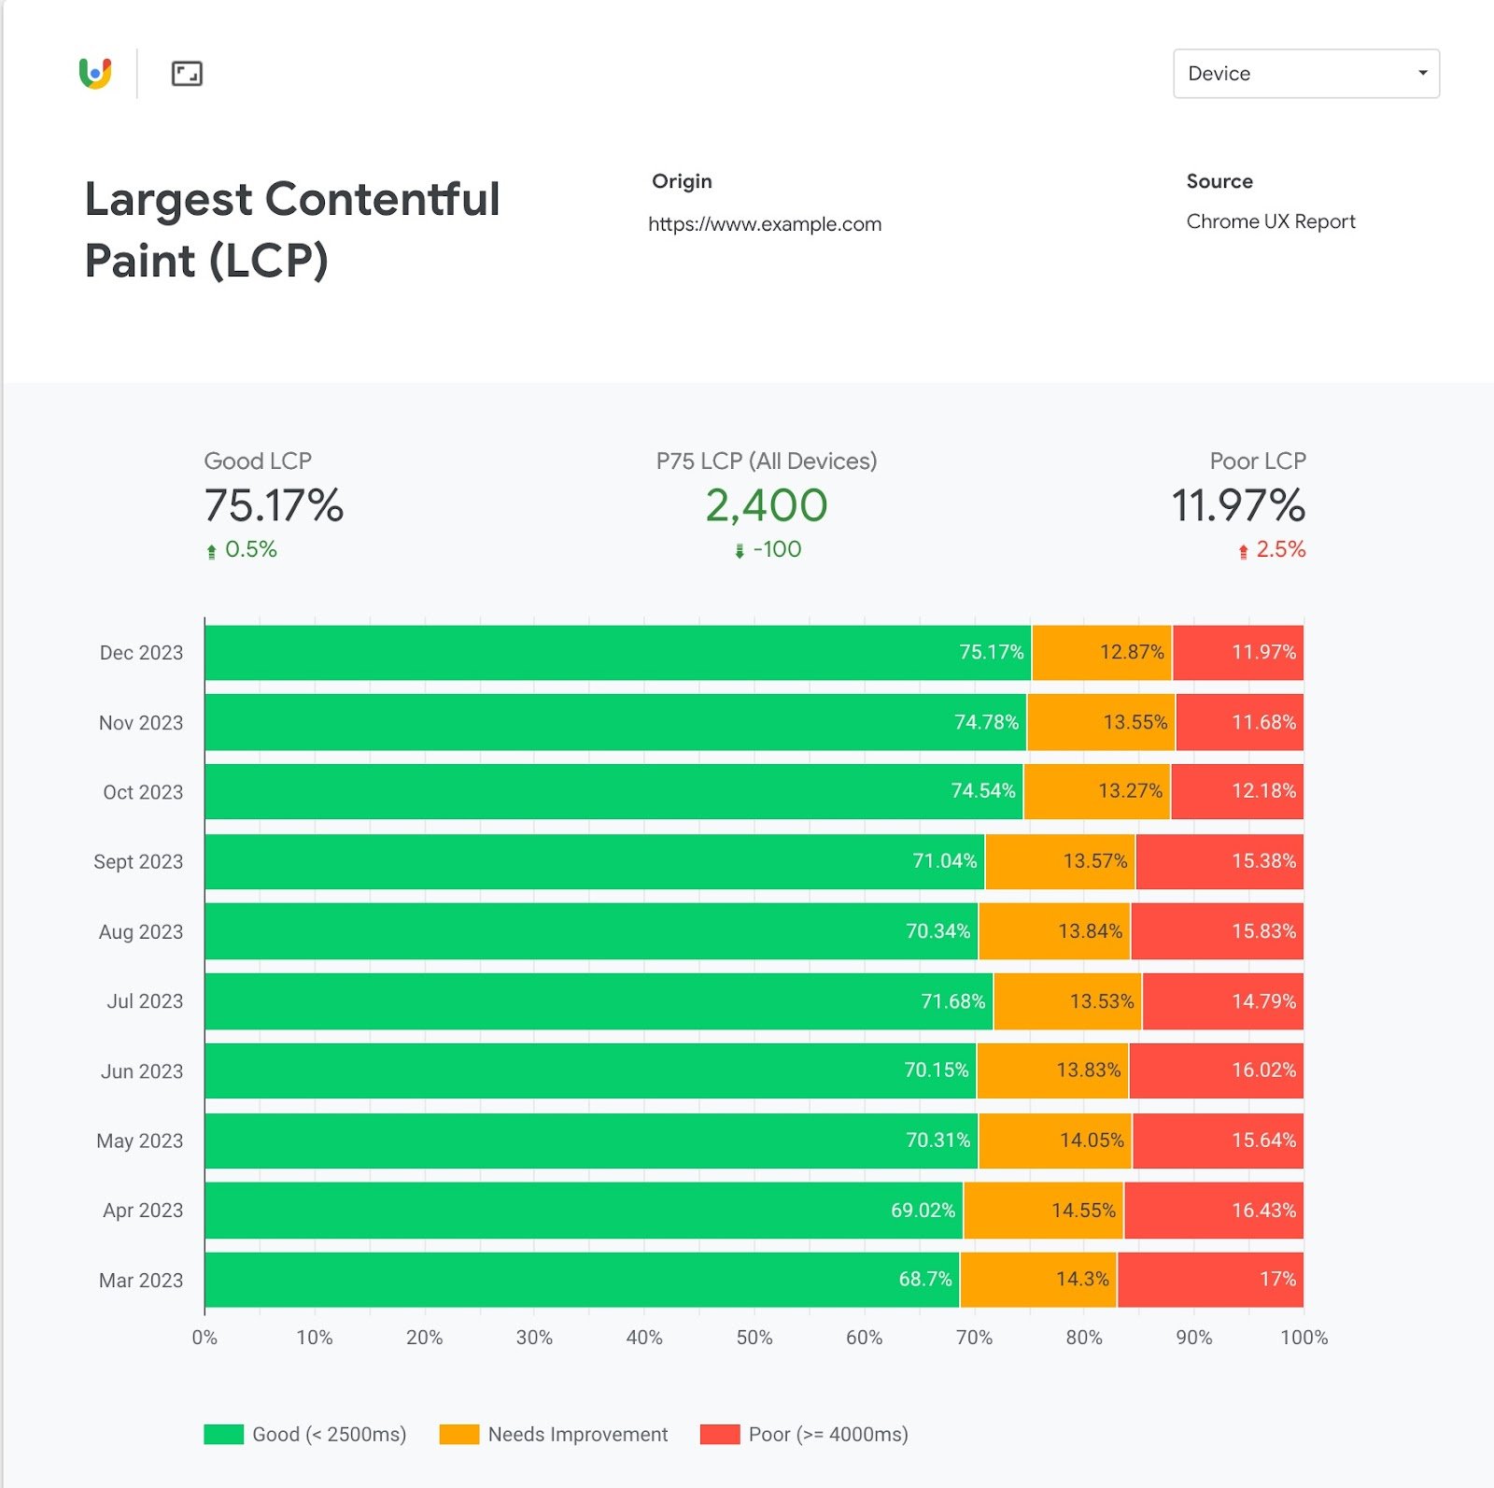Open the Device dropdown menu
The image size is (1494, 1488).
1305,74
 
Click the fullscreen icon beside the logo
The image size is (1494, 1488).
187,74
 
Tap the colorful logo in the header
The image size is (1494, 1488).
95,73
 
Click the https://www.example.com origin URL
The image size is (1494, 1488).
764,224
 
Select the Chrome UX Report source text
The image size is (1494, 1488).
1270,221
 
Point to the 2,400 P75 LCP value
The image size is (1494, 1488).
766,505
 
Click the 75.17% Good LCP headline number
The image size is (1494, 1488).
274,505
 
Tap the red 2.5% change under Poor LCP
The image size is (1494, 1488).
1279,549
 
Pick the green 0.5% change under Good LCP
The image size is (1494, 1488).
250,549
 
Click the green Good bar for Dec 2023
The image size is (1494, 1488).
616,653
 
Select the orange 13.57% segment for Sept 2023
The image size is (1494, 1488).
1060,861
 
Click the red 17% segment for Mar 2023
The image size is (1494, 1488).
1210,1280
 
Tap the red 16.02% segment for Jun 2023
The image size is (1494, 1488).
1216,1070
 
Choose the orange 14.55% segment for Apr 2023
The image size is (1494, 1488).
1043,1211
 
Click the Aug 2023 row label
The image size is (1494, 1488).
141,931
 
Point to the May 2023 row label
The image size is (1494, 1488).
140,1141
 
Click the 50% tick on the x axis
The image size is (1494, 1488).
754,1338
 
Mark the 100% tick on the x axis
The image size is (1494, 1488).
1304,1338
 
